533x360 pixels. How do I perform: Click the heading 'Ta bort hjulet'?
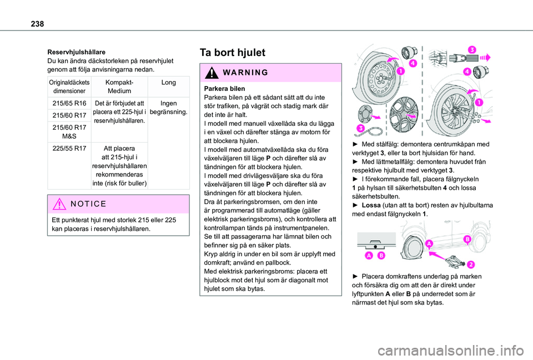click(232, 53)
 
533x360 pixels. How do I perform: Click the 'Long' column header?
click(169, 82)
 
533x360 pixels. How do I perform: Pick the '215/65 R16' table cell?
click(69, 103)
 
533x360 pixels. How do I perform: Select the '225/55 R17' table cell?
click(69, 148)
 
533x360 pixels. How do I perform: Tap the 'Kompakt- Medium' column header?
click(119, 87)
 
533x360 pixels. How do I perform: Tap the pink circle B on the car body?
click(467, 239)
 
